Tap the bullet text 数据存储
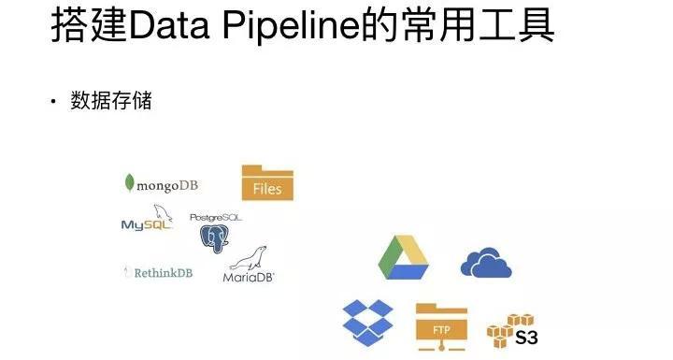click(111, 101)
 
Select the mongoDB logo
click(161, 184)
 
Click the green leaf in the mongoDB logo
click(129, 183)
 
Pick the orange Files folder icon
click(267, 182)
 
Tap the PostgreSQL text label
click(215, 218)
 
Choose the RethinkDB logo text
click(157, 273)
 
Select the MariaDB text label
click(249, 277)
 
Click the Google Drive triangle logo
click(404, 258)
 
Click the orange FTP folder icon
click(440, 324)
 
